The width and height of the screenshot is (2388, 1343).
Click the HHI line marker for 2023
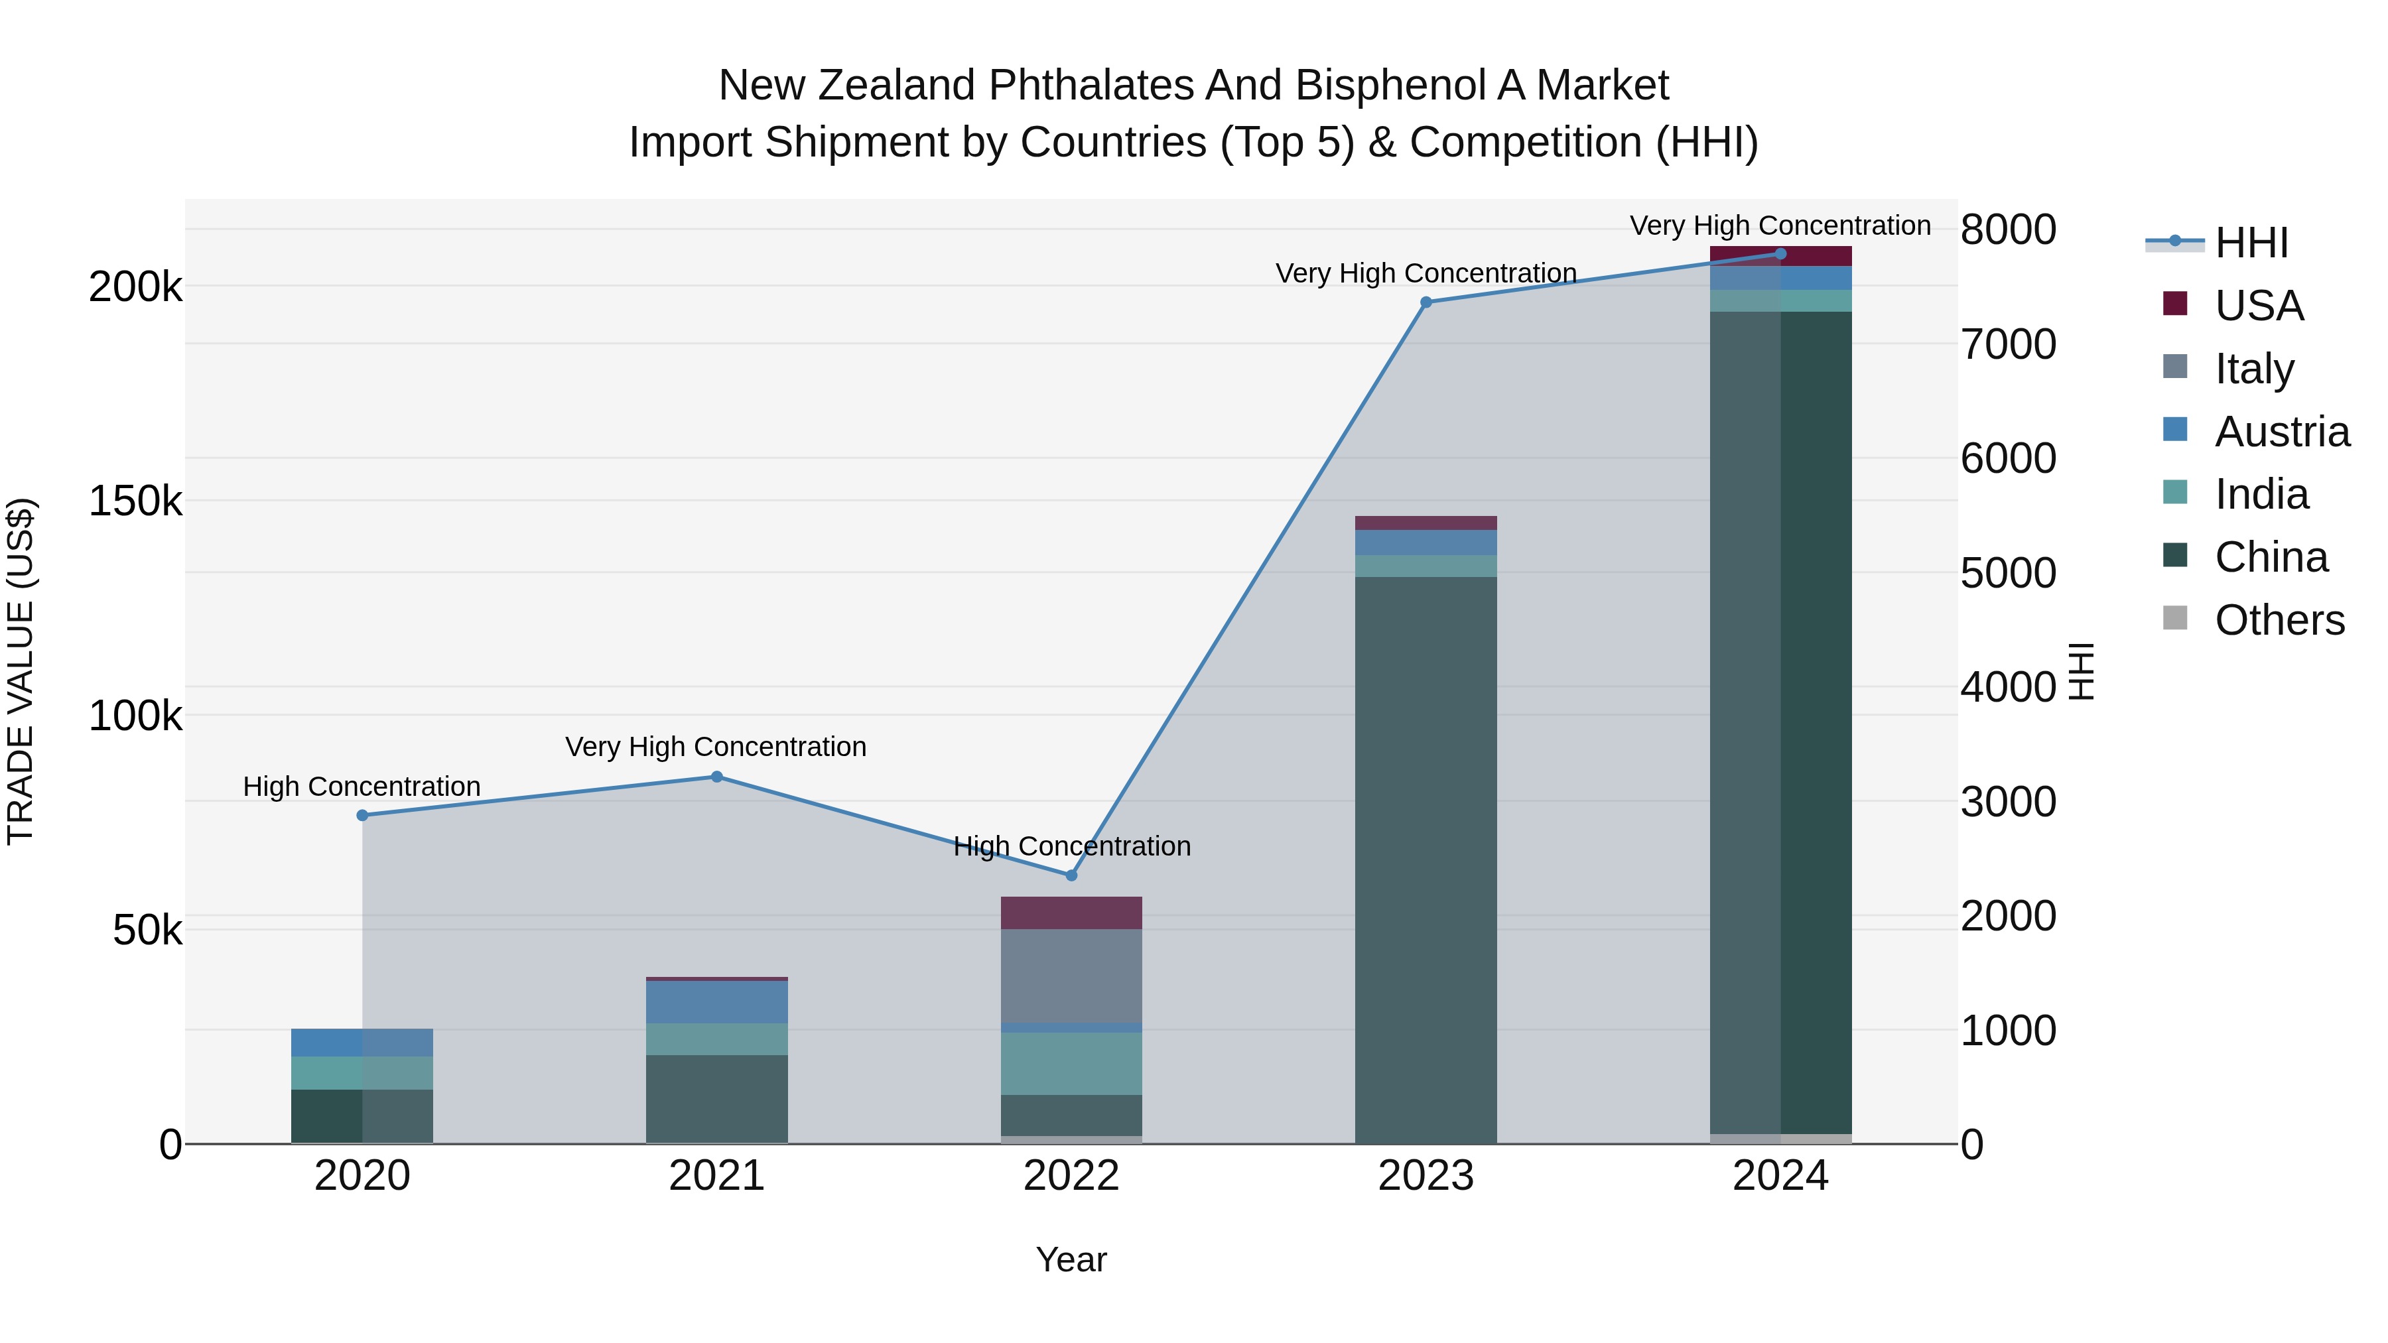click(1426, 302)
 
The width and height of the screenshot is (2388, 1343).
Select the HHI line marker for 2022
click(1072, 875)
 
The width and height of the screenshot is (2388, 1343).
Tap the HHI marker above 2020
click(362, 816)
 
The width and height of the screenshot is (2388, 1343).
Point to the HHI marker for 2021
click(716, 777)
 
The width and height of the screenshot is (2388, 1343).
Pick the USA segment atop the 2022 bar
click(1072, 913)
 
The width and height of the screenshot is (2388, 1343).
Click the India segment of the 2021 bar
click(716, 1039)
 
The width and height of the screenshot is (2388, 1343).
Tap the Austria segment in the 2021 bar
click(716, 1002)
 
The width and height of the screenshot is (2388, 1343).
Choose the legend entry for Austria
click(2281, 432)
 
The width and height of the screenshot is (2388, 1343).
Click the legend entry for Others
click(2279, 620)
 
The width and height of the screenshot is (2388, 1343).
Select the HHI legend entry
click(2251, 243)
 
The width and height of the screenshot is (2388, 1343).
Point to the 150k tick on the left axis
click(135, 501)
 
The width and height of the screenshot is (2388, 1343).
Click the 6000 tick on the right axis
click(2008, 458)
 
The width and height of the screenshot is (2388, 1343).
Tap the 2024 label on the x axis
click(1780, 1176)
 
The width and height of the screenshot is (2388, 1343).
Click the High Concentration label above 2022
click(1072, 846)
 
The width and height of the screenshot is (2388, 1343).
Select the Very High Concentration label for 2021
click(716, 746)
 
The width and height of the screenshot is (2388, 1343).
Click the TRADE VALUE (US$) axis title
click(21, 671)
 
